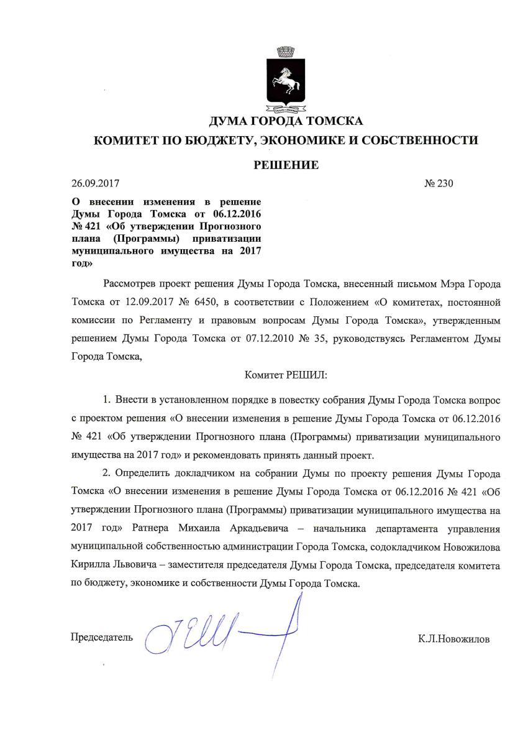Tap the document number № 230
click(x=439, y=184)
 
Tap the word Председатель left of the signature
click(x=102, y=638)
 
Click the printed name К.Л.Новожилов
click(x=453, y=639)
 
